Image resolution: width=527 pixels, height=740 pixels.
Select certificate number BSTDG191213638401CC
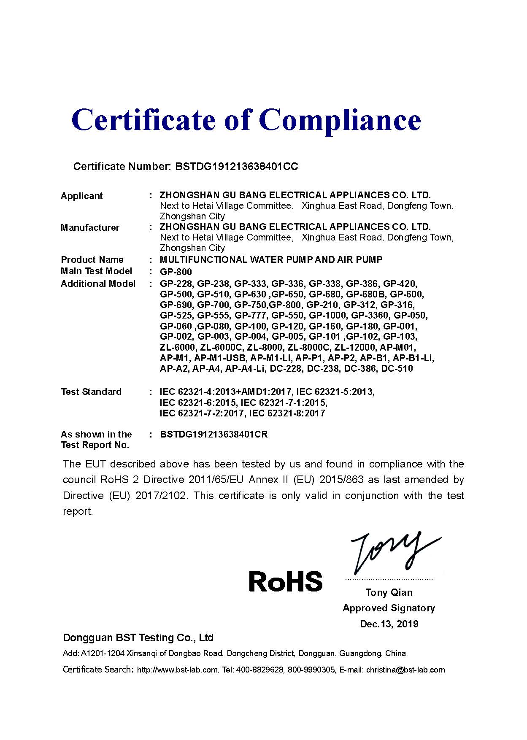236,167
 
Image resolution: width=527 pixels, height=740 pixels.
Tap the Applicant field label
81,196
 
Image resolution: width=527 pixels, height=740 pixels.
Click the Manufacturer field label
90,228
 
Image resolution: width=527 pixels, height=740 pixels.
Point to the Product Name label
92,260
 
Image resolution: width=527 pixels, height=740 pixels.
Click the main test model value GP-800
176,272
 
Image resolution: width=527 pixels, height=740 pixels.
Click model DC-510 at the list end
397,369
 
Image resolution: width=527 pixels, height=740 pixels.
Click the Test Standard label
91,392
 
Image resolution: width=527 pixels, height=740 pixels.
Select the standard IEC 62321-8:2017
287,413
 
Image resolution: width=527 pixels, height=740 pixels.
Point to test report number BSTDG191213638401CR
214,435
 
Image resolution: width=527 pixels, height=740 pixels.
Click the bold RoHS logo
286,581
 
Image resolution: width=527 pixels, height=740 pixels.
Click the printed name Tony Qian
389,593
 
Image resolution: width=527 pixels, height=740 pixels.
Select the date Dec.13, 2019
389,624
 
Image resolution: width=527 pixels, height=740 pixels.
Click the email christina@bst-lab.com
405,670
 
